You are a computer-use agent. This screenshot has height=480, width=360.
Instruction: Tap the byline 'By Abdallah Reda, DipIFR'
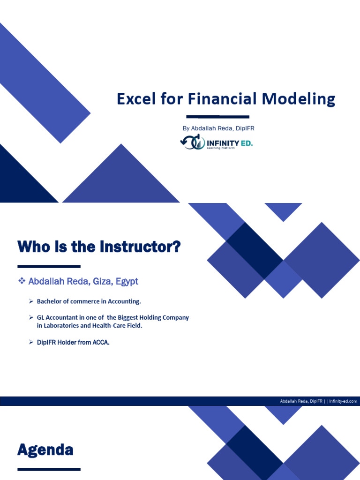(218, 128)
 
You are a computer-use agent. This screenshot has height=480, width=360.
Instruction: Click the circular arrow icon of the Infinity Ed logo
(190, 142)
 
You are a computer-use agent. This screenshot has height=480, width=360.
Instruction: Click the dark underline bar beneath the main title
(217, 116)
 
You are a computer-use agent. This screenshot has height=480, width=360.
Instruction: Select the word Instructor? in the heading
(141, 247)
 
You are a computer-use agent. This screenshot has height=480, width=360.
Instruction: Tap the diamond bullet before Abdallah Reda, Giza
(21, 281)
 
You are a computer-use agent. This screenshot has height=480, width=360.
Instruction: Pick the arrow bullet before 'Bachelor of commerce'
(31, 301)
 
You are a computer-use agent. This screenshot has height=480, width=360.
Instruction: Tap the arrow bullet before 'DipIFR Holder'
(31, 343)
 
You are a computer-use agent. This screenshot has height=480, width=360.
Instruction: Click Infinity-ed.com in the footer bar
(343, 401)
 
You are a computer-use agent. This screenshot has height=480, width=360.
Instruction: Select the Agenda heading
(45, 450)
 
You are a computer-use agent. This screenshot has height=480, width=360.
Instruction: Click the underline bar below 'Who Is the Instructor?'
(49, 266)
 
